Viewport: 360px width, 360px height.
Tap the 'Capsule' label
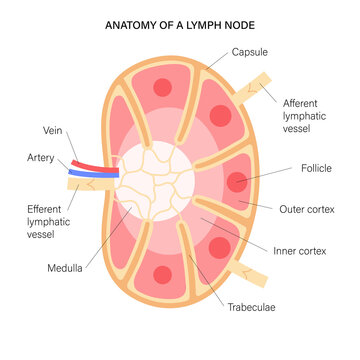coord(251,52)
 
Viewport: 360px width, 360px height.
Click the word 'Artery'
coord(41,158)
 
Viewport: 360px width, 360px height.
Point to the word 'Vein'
coord(53,130)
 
